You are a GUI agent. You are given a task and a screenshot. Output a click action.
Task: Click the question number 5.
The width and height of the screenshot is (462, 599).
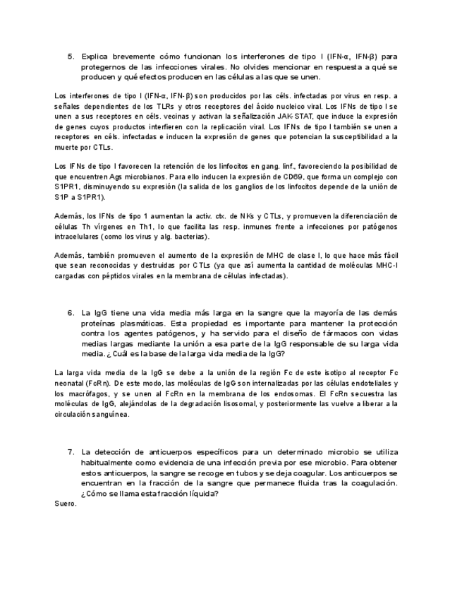click(x=71, y=56)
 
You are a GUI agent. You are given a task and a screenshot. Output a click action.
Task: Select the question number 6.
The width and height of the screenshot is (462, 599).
click(x=71, y=312)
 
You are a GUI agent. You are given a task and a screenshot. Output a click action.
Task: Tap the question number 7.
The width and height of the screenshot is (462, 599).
click(x=71, y=451)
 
